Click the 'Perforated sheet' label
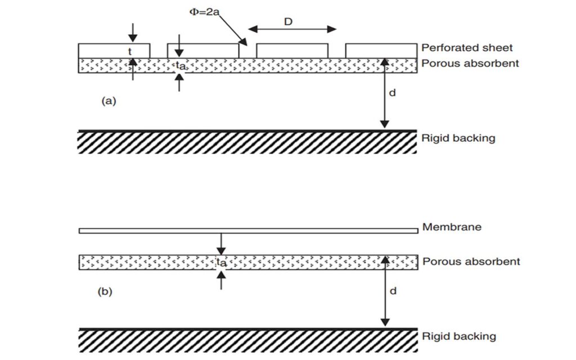click(x=467, y=48)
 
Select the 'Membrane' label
click(x=452, y=227)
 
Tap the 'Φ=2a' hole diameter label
click(x=204, y=12)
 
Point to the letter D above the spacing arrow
click(x=289, y=22)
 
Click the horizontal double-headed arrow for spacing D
click(x=292, y=29)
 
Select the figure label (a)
click(x=109, y=101)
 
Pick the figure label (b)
click(x=105, y=292)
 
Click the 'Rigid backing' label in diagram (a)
click(x=458, y=138)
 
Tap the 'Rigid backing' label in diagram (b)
click(x=459, y=336)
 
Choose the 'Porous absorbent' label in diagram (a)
click(x=470, y=64)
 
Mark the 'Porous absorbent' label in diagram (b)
click(x=471, y=262)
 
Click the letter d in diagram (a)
click(x=392, y=93)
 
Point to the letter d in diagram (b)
click(x=393, y=291)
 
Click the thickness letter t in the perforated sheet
click(x=130, y=52)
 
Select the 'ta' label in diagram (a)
click(x=181, y=66)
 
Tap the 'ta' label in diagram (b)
click(x=222, y=262)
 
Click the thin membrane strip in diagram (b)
click(x=248, y=231)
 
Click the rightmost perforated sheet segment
click(x=381, y=51)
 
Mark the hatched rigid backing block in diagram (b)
click(x=248, y=340)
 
